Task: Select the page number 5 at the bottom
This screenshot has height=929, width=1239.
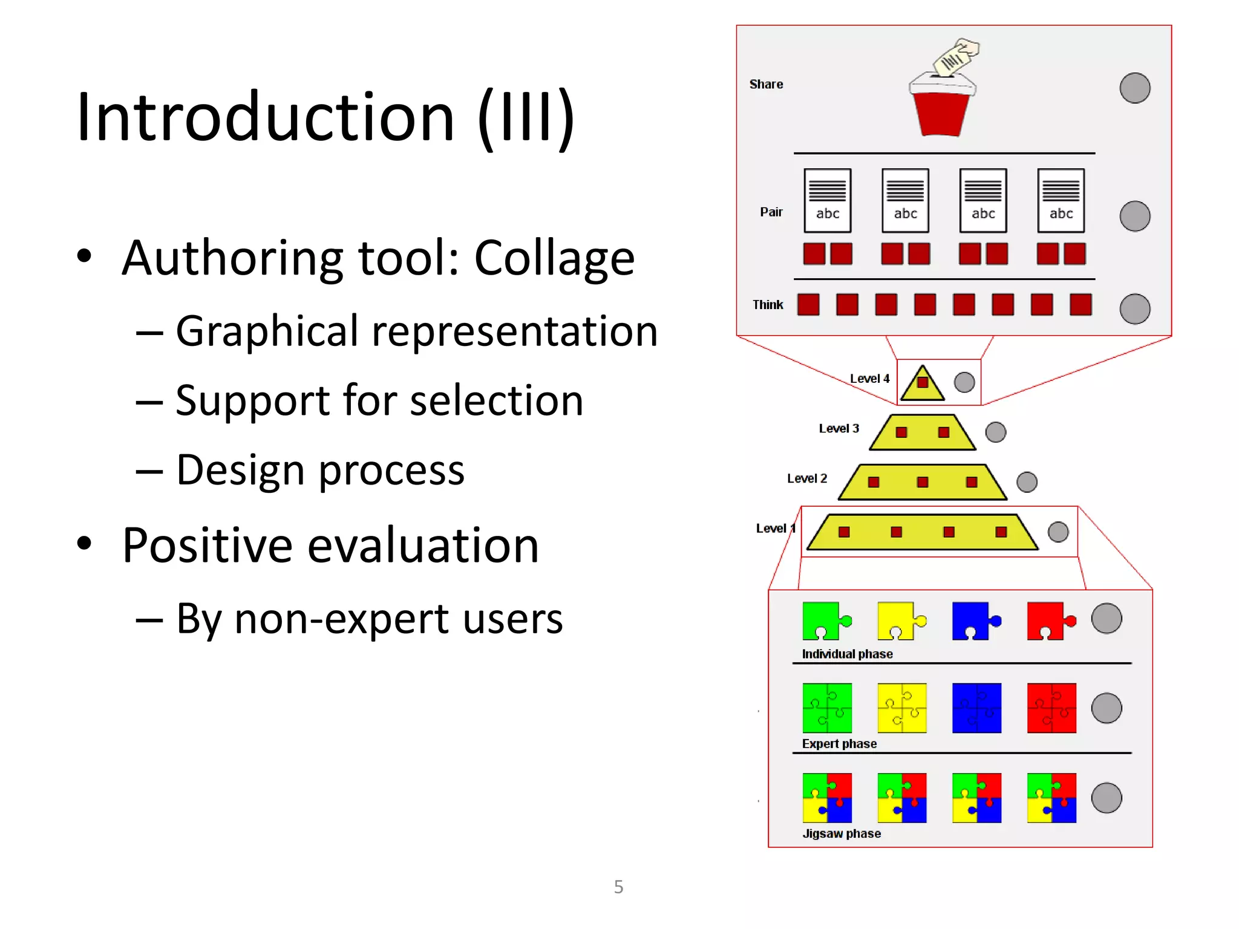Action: [618, 887]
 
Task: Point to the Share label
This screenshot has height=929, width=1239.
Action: [766, 85]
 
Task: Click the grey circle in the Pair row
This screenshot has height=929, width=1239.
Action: [1134, 217]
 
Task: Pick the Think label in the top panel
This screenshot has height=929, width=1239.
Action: [768, 305]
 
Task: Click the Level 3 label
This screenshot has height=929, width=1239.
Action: [839, 429]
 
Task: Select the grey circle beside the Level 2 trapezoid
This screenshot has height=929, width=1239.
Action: [1027, 482]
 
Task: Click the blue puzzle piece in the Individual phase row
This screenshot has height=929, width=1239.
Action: [975, 621]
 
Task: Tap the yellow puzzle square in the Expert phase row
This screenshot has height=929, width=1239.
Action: [901, 708]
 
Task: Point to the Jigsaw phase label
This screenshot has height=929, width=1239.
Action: [841, 833]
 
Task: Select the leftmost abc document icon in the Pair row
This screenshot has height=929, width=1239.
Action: [827, 201]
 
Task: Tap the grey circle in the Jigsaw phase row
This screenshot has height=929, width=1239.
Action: [1106, 798]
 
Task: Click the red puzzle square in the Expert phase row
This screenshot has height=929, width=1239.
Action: [1051, 708]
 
